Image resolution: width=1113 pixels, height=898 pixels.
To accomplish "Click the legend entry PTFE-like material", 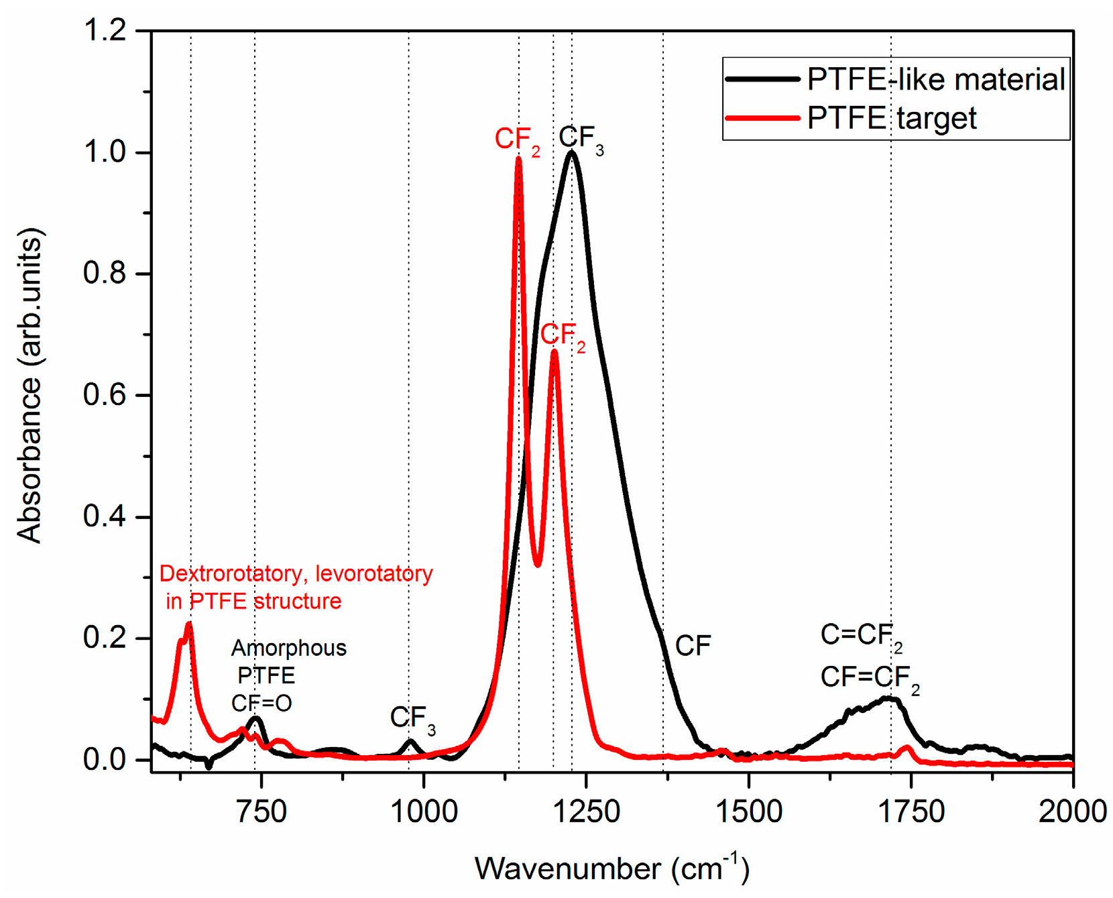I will [x=935, y=80].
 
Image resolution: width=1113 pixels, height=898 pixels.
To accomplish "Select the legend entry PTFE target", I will [x=891, y=119].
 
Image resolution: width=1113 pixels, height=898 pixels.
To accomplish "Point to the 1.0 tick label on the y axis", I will [x=105, y=152].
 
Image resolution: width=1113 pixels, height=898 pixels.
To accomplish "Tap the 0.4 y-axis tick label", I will [x=105, y=516].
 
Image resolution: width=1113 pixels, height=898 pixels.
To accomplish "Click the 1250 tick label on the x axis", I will [x=585, y=811].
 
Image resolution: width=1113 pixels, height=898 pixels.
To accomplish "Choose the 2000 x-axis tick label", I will [x=1071, y=811].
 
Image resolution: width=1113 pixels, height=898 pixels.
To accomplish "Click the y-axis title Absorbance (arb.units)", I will [x=30, y=386].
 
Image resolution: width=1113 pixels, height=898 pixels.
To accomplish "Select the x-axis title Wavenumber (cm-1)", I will [x=611, y=868].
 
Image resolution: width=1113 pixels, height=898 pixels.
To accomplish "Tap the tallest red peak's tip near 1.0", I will [x=518, y=159].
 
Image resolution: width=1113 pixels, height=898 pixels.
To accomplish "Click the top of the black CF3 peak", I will [x=571, y=153].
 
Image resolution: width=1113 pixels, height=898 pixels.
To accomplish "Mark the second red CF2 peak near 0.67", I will [x=554, y=352].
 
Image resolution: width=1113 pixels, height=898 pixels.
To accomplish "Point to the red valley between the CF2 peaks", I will [x=538, y=565].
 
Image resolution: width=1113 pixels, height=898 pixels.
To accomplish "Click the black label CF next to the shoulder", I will [x=693, y=646].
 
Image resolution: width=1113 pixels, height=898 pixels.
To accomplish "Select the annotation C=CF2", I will [x=861, y=635].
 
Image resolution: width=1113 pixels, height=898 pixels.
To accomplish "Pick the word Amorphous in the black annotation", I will [x=289, y=648].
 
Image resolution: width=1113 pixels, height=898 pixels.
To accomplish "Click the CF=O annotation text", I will [x=261, y=703].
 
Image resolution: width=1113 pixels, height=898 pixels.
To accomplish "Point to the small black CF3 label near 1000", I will [x=412, y=718].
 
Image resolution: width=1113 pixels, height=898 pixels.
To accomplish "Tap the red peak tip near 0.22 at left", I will [x=189, y=624].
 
